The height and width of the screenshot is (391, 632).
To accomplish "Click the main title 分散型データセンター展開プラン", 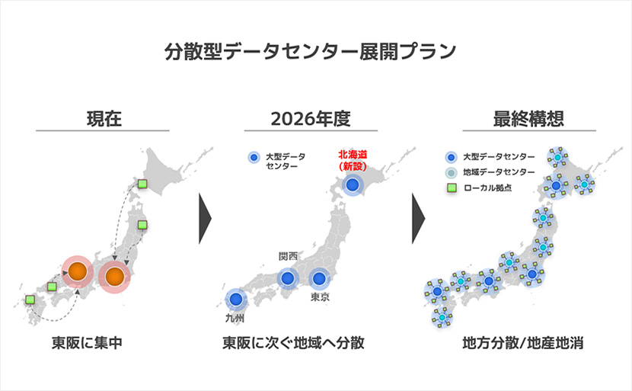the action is point(311,51).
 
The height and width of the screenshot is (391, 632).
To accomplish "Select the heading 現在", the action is point(104,119).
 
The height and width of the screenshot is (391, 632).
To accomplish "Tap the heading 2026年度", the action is point(311,119).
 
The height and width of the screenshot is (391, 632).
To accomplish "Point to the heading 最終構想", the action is point(528,119).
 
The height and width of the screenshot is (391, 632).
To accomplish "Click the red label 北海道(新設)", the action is point(353,160).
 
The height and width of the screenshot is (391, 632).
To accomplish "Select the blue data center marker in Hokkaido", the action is point(353,185).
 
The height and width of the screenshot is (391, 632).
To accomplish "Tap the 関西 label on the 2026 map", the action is point(288,256).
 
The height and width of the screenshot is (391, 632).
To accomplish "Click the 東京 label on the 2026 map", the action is point(320,297).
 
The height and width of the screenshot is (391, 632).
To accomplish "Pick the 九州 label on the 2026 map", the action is point(235,318).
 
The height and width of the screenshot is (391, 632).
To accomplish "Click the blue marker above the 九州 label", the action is point(236,300).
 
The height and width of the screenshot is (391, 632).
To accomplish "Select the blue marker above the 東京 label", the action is point(319,278).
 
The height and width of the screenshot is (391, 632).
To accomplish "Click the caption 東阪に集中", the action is point(87,343).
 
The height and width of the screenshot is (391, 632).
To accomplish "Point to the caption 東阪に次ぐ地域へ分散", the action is point(293,343).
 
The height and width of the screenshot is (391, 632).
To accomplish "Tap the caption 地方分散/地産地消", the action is point(523,343).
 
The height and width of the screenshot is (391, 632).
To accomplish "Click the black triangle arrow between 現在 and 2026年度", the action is point(205,218).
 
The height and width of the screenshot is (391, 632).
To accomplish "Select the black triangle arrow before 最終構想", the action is point(418,218).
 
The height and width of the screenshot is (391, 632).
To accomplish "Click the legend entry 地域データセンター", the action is point(499,172).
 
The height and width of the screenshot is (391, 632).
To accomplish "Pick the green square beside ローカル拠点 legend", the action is point(452,187).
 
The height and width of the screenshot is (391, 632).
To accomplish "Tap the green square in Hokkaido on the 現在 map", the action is point(142,184).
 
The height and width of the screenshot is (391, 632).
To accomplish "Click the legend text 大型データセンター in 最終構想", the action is point(499,157).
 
